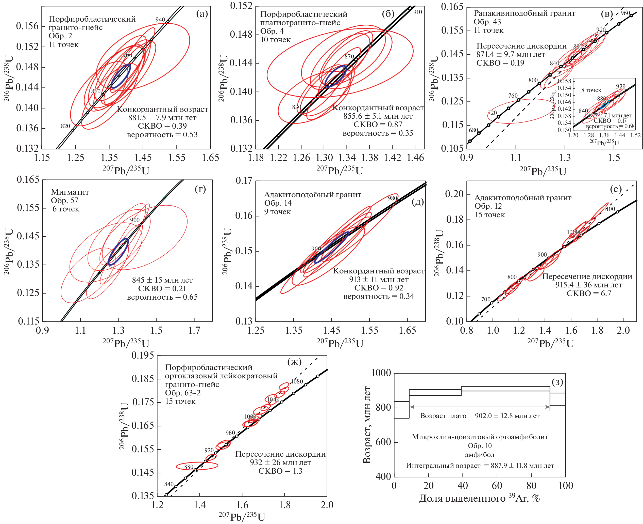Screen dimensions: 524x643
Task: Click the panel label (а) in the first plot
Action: [202, 14]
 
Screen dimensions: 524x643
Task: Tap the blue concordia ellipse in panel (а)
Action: [121, 76]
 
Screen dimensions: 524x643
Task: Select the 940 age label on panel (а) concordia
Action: [160, 20]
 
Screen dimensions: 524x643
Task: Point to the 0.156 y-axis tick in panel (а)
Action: [27, 26]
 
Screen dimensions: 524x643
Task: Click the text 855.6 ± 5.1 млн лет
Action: [378, 116]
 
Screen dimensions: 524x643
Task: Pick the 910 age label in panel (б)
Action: [417, 12]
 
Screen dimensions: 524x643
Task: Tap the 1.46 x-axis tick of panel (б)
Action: [415, 158]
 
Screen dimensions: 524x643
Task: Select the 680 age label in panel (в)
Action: [473, 130]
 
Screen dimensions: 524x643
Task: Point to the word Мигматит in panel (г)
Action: [70, 192]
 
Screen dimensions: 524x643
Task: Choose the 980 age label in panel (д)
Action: [392, 198]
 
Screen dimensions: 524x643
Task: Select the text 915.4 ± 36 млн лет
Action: [589, 285]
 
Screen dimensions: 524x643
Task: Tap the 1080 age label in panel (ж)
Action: [297, 381]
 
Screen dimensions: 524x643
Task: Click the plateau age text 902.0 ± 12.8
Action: [480, 416]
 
